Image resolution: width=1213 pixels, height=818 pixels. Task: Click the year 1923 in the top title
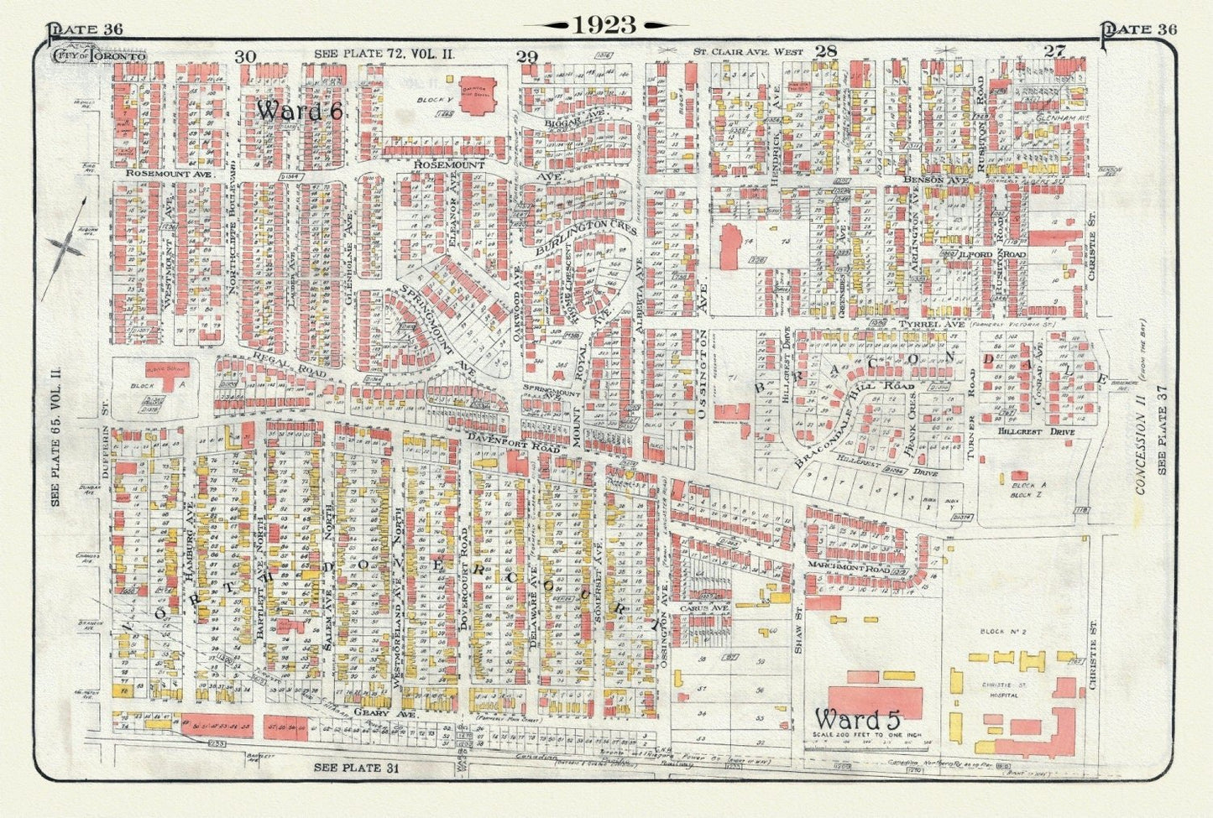point(604,26)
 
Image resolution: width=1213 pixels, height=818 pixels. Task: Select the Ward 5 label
point(856,720)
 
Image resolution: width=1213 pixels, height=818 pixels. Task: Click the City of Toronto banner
point(99,55)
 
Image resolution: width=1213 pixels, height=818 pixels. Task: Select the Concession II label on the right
point(1141,445)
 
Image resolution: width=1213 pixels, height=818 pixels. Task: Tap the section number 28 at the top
point(826,52)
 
